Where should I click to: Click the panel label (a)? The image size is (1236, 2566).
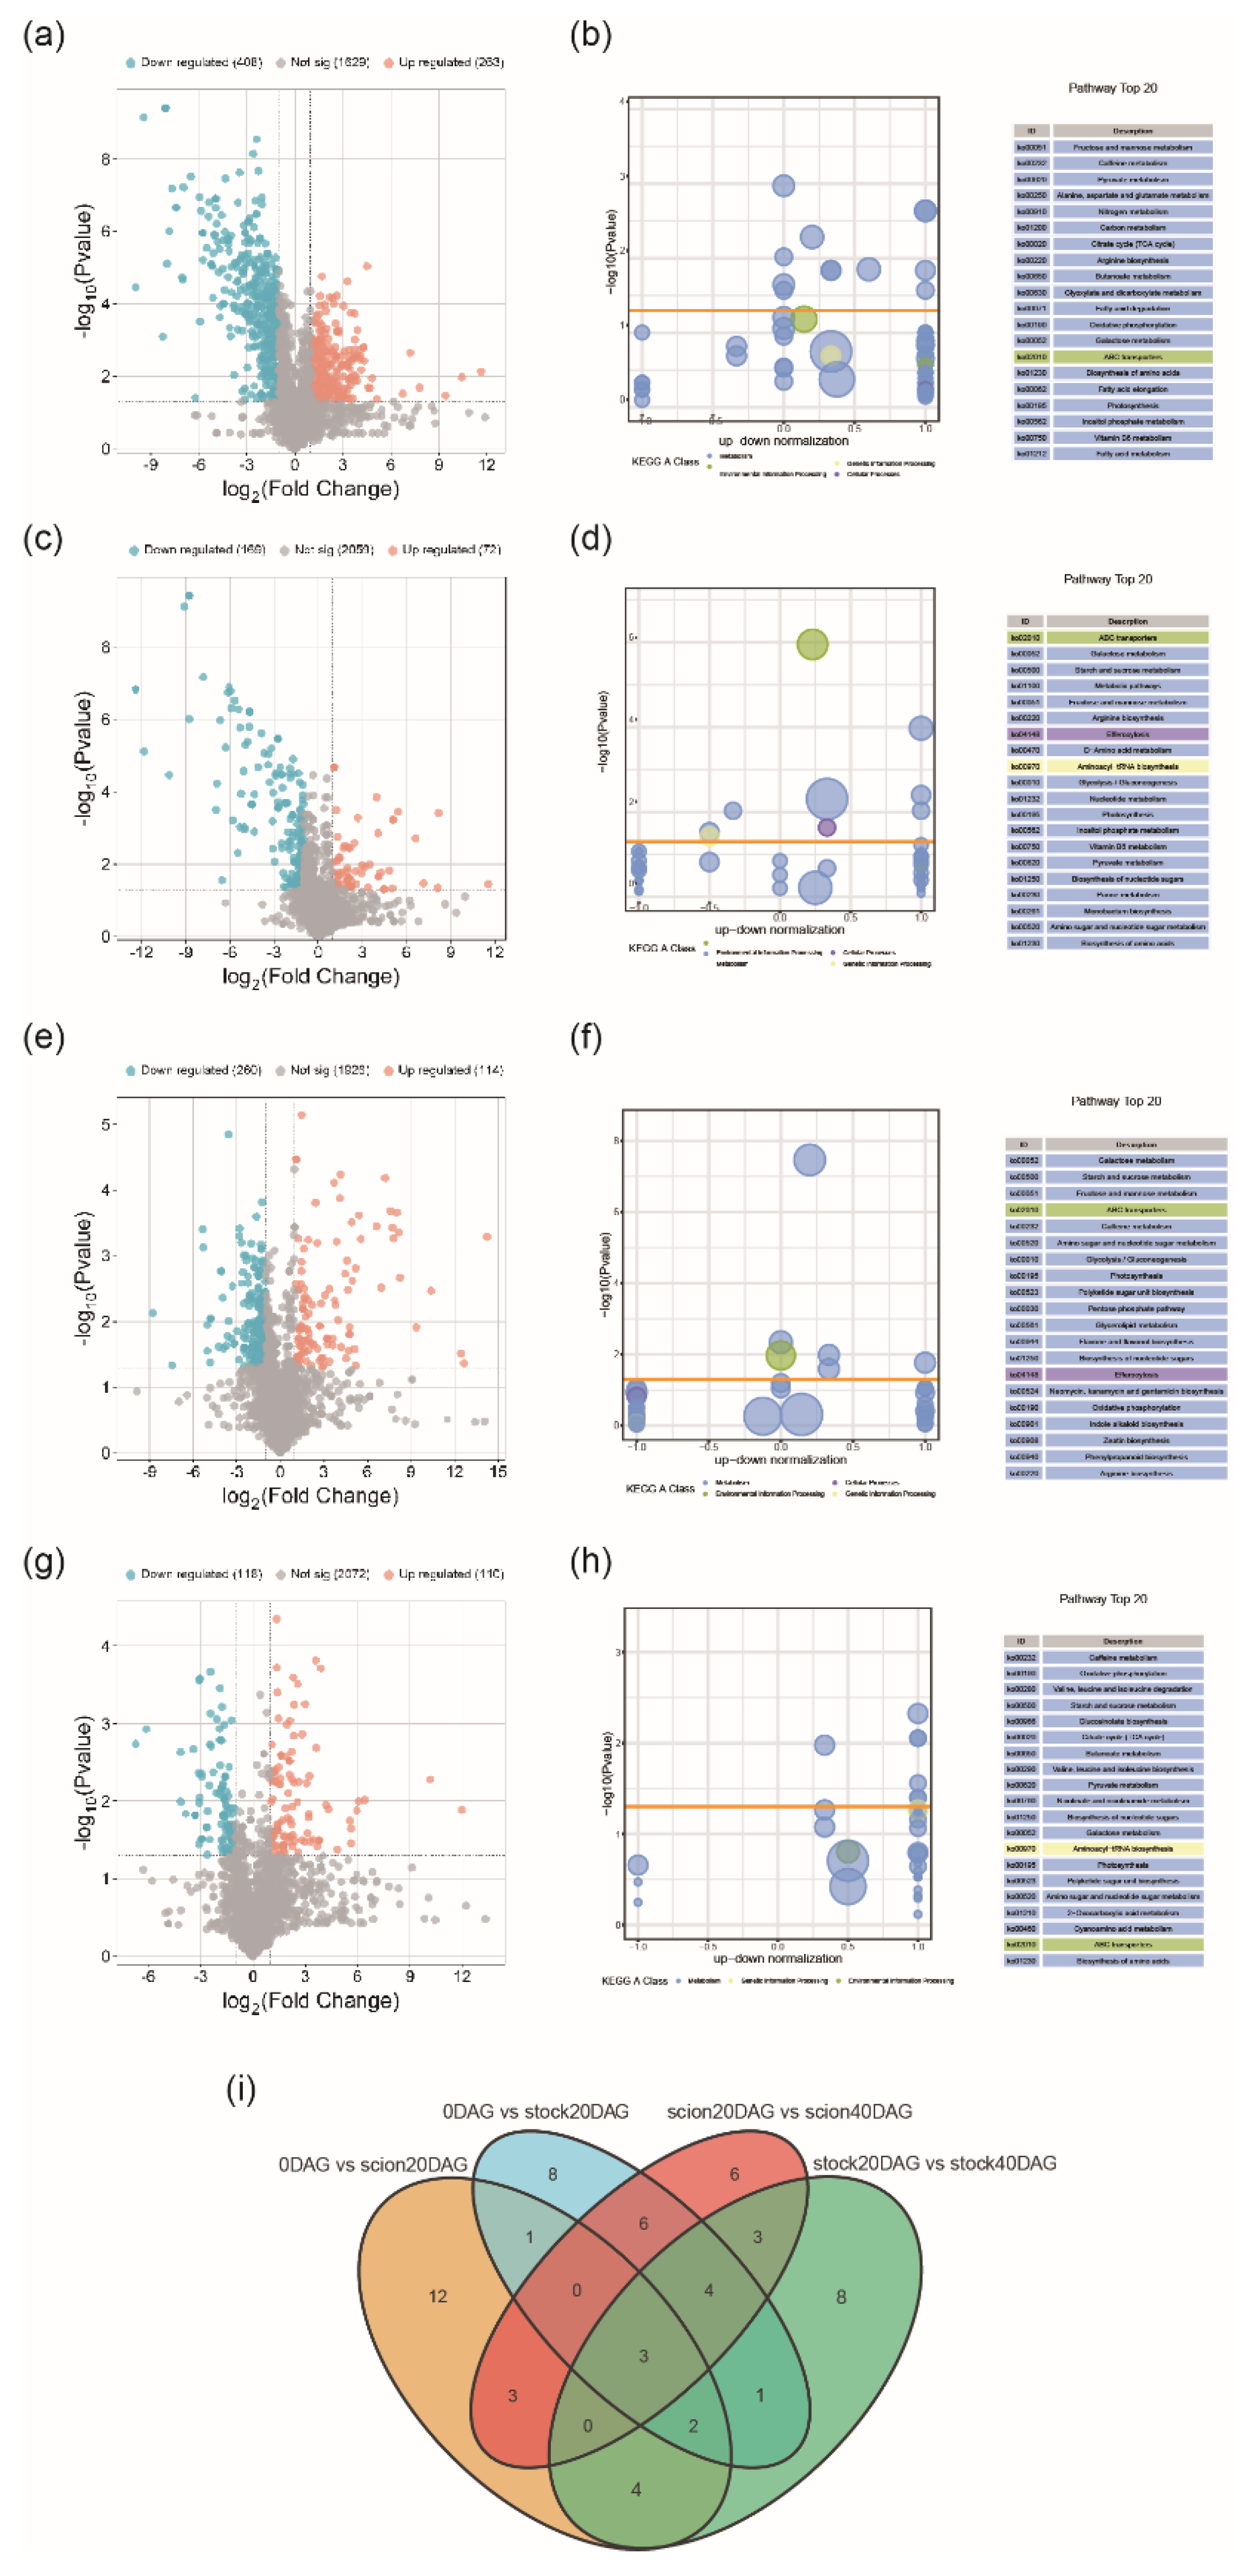coord(44,36)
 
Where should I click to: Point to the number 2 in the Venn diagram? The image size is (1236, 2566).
coord(693,2425)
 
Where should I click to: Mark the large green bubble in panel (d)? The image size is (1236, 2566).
coord(813,645)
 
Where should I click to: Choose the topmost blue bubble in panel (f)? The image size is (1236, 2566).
coord(809,1160)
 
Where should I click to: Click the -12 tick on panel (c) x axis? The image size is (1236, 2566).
coord(141,952)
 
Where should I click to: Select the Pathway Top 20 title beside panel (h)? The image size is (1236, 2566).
coord(1102,1599)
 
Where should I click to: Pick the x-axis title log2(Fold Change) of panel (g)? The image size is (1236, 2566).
coord(311,2001)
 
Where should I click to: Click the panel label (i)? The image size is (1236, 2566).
coord(241,2090)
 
